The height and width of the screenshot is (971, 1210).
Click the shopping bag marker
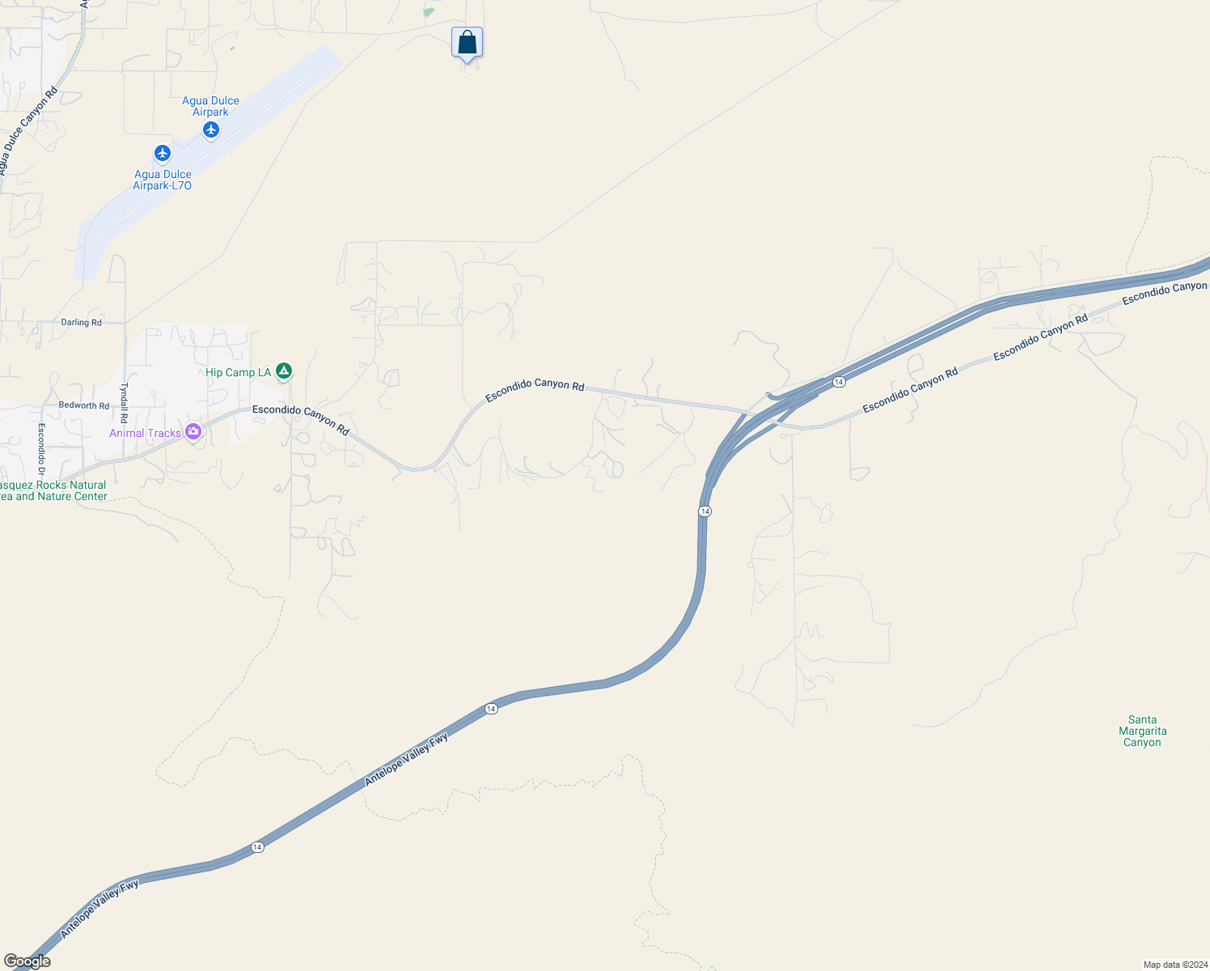pos(467,42)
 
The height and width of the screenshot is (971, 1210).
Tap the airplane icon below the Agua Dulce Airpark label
pos(211,129)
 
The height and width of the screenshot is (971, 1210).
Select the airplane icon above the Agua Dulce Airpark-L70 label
pos(163,153)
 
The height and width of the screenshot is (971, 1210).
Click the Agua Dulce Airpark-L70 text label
pos(163,180)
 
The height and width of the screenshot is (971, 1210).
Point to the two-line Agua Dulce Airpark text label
pos(210,106)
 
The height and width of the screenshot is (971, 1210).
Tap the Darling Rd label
pos(81,322)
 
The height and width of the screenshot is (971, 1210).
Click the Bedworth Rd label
pos(83,405)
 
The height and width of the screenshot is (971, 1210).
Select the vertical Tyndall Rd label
pos(125,403)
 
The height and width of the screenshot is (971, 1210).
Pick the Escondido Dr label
pos(41,449)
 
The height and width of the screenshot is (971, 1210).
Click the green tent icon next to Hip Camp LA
pos(283,371)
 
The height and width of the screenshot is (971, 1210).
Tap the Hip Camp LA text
pos(238,372)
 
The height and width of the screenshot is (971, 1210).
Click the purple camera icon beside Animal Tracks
pos(192,432)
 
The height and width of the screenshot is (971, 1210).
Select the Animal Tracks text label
pos(145,433)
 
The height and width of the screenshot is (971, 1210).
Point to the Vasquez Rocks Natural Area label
pos(53,490)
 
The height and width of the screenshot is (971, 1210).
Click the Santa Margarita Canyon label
pos(1142,731)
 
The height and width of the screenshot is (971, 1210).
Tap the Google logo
pos(27,961)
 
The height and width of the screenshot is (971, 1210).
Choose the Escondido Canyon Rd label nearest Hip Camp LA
pos(301,419)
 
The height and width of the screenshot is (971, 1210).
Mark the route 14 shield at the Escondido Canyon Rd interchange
pos(839,382)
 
